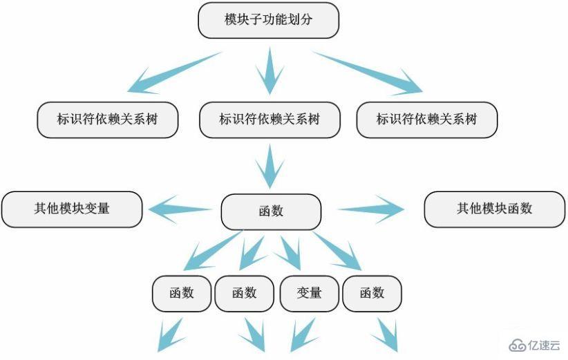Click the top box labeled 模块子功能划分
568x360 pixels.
click(268, 20)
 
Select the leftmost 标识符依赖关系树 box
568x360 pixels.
click(107, 119)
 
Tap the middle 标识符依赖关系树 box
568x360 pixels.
click(269, 119)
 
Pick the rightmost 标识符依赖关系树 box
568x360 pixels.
click(426, 119)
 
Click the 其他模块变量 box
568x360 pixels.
click(72, 209)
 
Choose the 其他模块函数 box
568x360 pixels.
click(494, 209)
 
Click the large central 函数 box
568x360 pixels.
click(271, 211)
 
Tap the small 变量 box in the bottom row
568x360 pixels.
click(310, 293)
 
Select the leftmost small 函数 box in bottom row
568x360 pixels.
click(182, 293)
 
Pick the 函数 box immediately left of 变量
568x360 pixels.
click(245, 293)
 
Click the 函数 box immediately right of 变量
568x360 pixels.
click(372, 293)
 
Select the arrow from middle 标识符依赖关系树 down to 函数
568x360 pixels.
click(270, 167)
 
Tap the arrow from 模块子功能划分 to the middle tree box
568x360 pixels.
click(269, 72)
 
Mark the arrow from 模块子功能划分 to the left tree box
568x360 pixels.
click(173, 73)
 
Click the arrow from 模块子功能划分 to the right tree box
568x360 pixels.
click(370, 72)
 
